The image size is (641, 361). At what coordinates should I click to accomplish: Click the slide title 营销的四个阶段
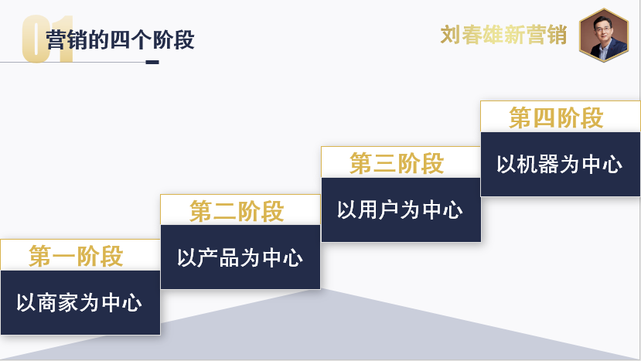coord(120,39)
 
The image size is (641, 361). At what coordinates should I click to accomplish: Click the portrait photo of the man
coord(604,34)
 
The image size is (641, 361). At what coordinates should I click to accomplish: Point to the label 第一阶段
coord(77,256)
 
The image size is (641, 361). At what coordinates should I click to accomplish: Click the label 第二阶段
coord(237,211)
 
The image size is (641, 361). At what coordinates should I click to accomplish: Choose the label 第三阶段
coord(397,164)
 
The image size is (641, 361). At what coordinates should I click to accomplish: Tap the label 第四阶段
coord(556,117)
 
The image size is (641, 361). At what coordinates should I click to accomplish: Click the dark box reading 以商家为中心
coord(80,302)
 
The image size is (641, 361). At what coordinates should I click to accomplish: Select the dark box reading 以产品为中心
coord(240,257)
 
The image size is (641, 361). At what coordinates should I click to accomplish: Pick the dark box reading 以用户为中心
coord(401,209)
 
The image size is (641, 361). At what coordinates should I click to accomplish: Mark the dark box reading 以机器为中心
coord(560,164)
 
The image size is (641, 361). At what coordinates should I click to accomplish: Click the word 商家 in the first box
coord(58,302)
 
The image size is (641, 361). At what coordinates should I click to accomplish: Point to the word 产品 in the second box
coord(219,257)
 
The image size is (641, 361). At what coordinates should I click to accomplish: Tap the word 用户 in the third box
coord(380,209)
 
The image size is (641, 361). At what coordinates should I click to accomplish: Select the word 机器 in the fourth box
coord(539,164)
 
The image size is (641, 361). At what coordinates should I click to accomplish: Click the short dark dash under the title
coord(152,62)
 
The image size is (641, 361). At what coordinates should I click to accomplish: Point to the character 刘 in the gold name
coord(451,35)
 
